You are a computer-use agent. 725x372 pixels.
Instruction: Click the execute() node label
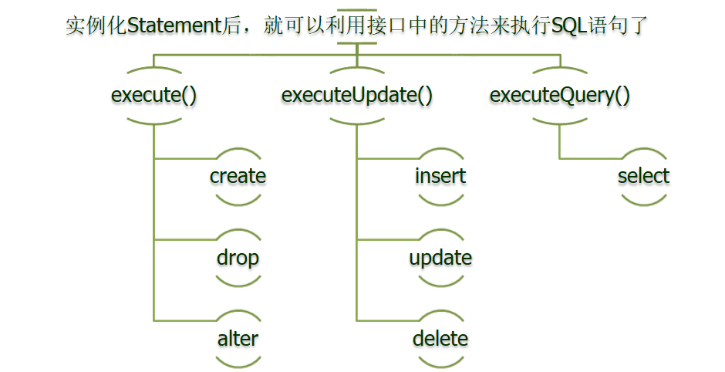click(x=154, y=96)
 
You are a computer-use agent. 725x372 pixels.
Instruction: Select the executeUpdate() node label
click(x=357, y=96)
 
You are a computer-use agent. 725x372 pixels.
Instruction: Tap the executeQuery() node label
click(x=560, y=96)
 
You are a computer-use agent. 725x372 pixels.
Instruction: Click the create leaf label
click(x=238, y=176)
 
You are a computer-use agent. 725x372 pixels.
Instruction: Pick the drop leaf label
click(x=238, y=257)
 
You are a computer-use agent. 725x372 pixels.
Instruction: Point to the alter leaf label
click(x=238, y=338)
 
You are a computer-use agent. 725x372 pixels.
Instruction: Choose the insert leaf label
click(x=440, y=176)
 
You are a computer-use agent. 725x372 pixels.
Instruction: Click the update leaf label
click(x=440, y=257)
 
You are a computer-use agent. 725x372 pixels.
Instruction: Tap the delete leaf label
click(x=440, y=338)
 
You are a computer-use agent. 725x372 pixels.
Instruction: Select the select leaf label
click(x=643, y=176)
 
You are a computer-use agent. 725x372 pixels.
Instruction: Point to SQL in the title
click(x=569, y=26)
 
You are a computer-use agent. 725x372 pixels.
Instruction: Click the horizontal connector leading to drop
click(x=185, y=240)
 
